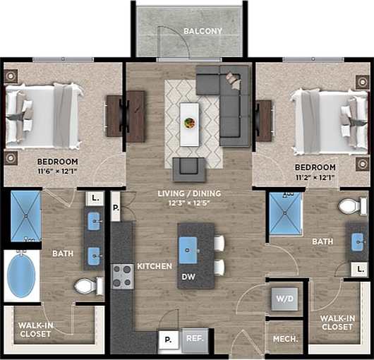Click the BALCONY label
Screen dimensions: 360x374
click(x=203, y=31)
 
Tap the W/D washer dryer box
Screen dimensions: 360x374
click(x=286, y=297)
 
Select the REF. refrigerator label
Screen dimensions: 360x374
click(x=194, y=338)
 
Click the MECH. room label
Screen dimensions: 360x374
click(x=285, y=339)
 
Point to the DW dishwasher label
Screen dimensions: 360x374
click(x=188, y=277)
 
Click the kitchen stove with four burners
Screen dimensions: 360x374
click(x=123, y=275)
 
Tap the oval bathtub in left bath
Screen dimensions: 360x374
click(x=23, y=275)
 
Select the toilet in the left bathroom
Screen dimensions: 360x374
click(x=88, y=286)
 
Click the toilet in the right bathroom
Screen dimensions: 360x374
click(x=351, y=206)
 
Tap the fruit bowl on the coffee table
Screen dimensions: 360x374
click(x=189, y=123)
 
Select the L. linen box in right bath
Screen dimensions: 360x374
click(x=361, y=269)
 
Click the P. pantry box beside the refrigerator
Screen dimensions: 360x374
click(x=168, y=339)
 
